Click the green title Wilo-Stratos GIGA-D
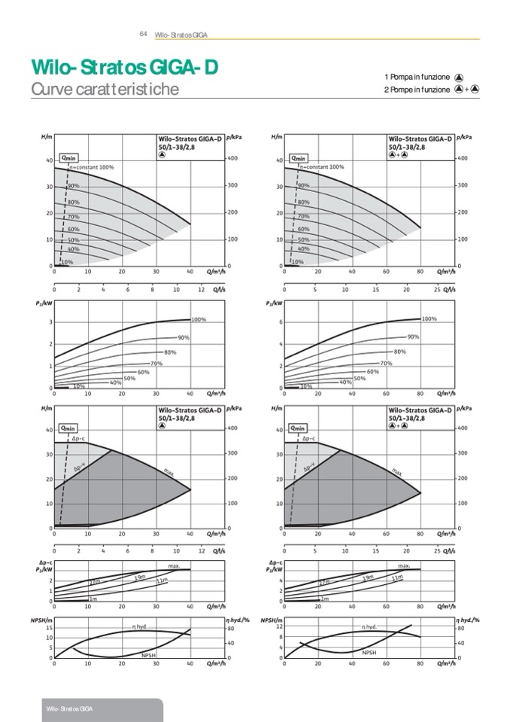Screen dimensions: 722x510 tap(124, 69)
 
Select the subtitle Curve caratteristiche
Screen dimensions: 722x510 tap(105, 90)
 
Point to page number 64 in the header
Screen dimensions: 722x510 tap(143, 34)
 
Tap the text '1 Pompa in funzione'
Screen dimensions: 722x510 tap(417, 77)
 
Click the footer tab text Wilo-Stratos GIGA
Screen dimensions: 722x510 tap(68, 710)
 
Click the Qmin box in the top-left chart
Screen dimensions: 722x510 tap(68, 157)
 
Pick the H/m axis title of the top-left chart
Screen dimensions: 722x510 tap(47, 137)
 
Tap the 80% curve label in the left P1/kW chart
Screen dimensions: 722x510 tap(170, 352)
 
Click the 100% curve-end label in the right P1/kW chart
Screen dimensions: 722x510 tap(429, 319)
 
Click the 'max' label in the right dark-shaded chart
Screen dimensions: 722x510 tap(396, 471)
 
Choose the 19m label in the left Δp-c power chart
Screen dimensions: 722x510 tap(140, 577)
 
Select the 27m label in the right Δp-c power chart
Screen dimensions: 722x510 tap(324, 582)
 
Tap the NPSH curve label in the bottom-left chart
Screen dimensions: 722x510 tap(149, 655)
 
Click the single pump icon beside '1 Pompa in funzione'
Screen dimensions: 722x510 tap(459, 77)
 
